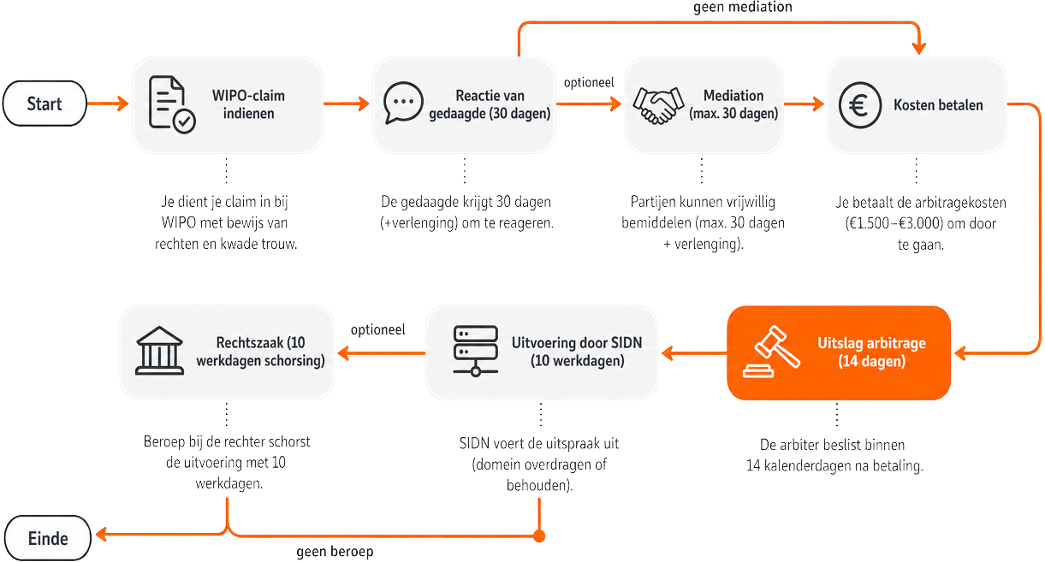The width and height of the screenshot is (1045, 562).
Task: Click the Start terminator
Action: tap(45, 104)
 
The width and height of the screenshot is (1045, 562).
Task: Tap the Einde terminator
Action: tap(48, 538)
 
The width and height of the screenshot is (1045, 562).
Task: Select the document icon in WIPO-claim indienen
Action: tap(172, 105)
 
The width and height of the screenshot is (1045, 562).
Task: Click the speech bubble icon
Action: tap(403, 103)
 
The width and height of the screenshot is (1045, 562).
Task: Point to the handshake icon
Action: tap(658, 105)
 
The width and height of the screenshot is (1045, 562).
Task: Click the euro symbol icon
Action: tap(860, 105)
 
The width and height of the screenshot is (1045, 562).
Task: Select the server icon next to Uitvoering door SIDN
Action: tap(475, 351)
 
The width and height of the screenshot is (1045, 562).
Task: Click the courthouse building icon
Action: tap(159, 351)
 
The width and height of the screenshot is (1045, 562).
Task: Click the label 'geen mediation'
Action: tap(743, 7)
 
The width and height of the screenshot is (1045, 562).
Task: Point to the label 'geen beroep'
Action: tap(335, 551)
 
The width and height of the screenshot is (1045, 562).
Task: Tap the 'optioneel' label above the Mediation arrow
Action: tap(589, 83)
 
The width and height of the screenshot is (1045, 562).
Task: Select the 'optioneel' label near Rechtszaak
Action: tap(378, 329)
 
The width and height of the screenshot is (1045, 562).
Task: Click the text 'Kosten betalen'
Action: tap(938, 105)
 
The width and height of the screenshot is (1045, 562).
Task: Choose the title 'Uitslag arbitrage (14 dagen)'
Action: tap(871, 352)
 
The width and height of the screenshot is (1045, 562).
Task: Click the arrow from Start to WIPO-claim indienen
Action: tap(108, 103)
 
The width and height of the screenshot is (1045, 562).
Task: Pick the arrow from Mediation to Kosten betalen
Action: tap(804, 104)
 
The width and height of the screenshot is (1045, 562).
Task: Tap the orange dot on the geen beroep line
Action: tap(539, 535)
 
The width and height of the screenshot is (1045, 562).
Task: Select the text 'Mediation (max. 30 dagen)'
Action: tap(733, 104)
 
